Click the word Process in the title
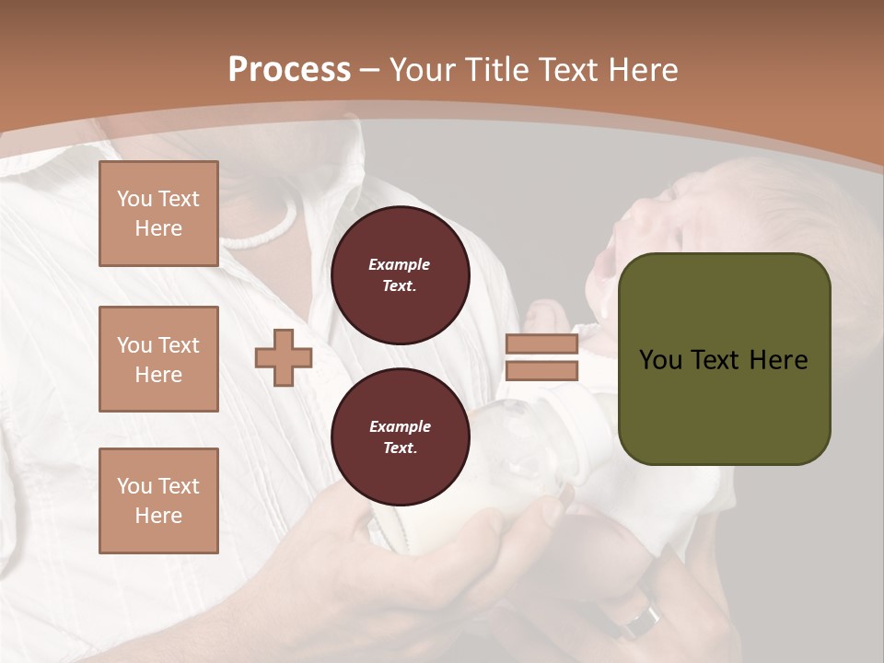point(289,69)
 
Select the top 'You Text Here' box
point(158,214)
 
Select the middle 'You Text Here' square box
point(158,359)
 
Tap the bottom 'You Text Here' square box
point(158,500)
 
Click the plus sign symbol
point(284,357)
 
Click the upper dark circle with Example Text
point(400,275)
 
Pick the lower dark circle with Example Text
point(400,436)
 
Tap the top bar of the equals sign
point(541,344)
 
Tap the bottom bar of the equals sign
point(541,370)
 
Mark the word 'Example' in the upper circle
point(400,264)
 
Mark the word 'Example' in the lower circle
point(400,426)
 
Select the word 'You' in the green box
point(660,360)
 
